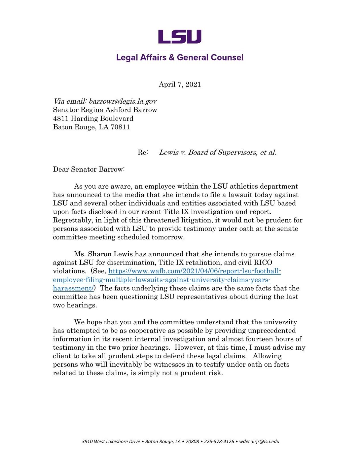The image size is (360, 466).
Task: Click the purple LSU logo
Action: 180,37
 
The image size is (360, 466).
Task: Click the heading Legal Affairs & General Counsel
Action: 180,57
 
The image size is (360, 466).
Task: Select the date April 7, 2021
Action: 180,84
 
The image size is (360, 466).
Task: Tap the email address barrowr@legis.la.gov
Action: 123,101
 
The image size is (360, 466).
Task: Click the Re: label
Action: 143,152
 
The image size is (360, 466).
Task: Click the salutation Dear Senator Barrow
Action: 89,170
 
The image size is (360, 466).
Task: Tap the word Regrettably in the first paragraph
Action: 71,220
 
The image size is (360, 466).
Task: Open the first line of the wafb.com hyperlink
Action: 195,271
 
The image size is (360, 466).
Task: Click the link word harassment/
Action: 73,288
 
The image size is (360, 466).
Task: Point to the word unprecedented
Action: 272,331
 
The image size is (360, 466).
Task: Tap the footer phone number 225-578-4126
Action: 219,442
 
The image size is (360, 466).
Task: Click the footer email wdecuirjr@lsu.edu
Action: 259,442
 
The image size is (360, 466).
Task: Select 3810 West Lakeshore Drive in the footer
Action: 111,442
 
